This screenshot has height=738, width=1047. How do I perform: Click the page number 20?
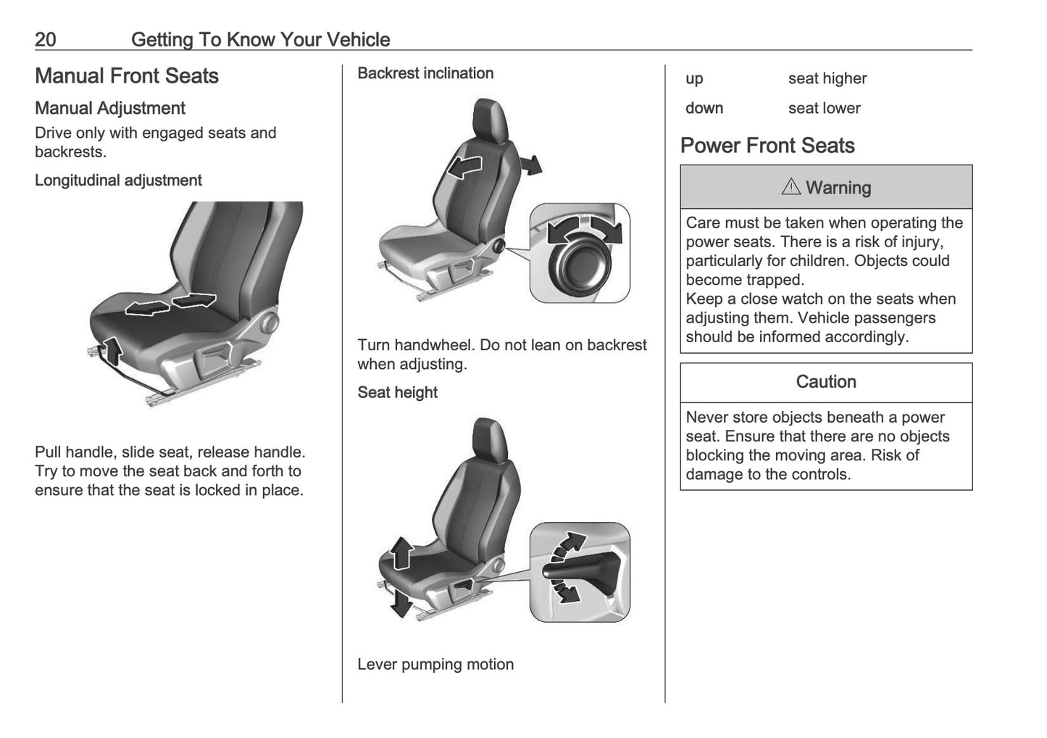click(45, 39)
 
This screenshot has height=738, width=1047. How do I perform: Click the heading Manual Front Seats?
click(126, 76)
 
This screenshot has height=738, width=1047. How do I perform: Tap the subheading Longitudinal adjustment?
click(118, 181)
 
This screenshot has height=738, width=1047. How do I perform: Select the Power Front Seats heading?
click(767, 146)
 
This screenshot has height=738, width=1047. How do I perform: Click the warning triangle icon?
click(791, 187)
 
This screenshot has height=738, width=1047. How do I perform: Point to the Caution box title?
click(825, 382)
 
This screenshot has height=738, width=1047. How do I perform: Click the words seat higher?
click(827, 78)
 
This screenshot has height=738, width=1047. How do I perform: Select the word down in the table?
click(704, 108)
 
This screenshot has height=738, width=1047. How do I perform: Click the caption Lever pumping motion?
click(435, 664)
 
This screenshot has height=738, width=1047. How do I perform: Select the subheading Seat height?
click(397, 392)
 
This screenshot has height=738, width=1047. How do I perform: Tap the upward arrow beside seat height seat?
click(400, 553)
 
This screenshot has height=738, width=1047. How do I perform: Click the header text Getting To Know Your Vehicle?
click(260, 39)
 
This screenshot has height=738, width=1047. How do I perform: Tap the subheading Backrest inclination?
click(425, 73)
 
